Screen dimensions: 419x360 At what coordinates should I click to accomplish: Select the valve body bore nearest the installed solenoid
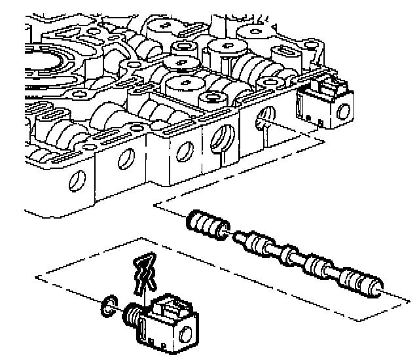(x=262, y=118)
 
